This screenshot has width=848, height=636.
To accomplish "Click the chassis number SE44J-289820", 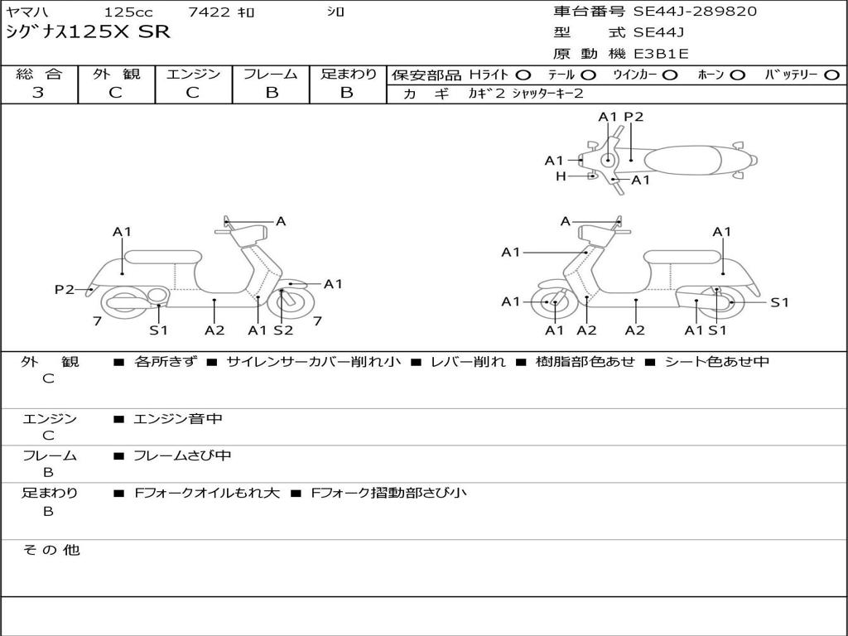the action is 695,12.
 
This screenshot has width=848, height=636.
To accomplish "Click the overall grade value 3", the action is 38,93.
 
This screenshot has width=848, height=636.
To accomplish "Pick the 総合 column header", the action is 39,75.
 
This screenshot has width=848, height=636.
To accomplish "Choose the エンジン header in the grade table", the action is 193,75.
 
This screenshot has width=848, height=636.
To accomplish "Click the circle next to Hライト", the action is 523,75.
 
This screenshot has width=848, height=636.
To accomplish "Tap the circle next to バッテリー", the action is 831,75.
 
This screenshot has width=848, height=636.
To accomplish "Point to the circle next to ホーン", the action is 737,75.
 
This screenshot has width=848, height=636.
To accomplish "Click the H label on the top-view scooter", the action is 561,176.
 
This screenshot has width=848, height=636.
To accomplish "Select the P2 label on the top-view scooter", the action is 634,117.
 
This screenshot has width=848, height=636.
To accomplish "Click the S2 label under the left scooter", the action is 283,330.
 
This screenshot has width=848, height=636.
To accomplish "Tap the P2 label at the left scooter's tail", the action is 64,289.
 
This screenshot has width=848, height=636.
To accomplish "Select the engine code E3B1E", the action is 661,54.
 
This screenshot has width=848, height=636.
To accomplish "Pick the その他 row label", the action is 51,550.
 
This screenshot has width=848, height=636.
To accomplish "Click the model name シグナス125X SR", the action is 88,32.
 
